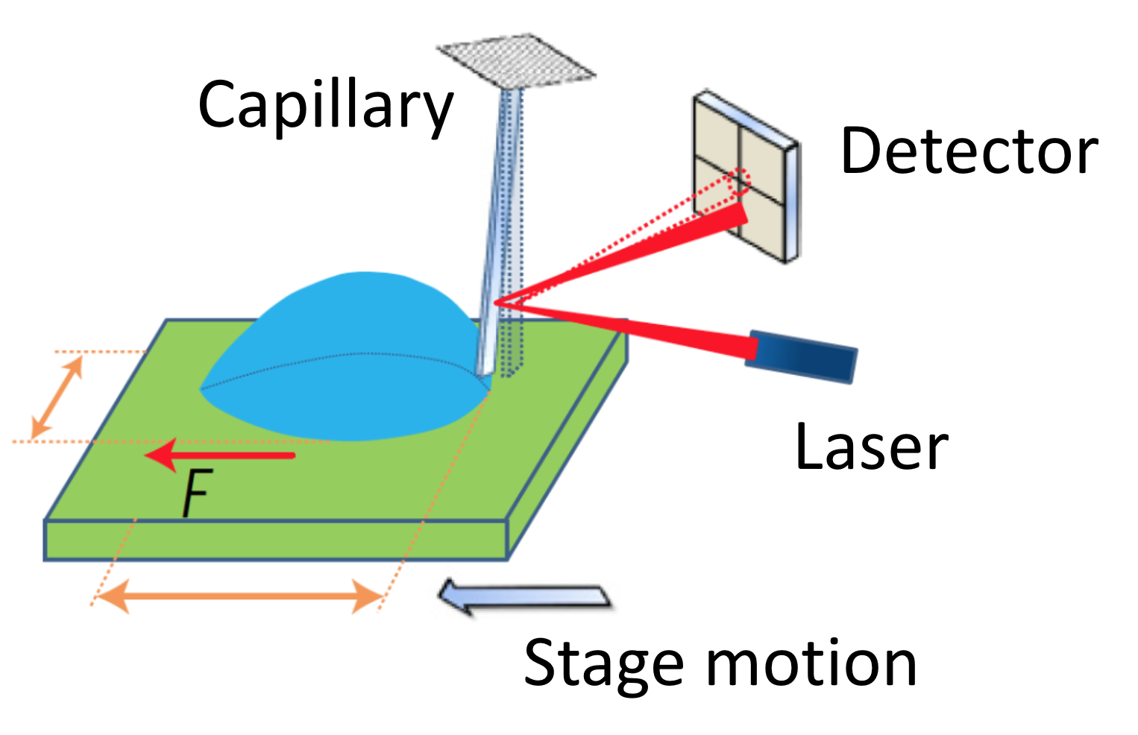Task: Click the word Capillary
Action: [325, 106]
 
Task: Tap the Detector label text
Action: [969, 151]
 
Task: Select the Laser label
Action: [871, 447]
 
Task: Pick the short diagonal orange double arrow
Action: [57, 397]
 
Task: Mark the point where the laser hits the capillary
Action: [495, 302]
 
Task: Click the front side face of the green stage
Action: [276, 540]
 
